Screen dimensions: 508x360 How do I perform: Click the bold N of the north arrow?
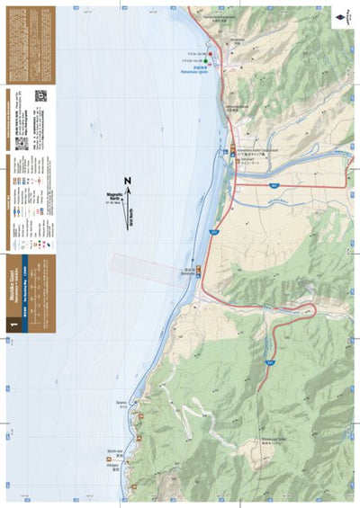(128, 181)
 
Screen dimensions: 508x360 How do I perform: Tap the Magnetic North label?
(113, 195)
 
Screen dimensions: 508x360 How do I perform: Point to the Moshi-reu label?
(113, 452)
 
